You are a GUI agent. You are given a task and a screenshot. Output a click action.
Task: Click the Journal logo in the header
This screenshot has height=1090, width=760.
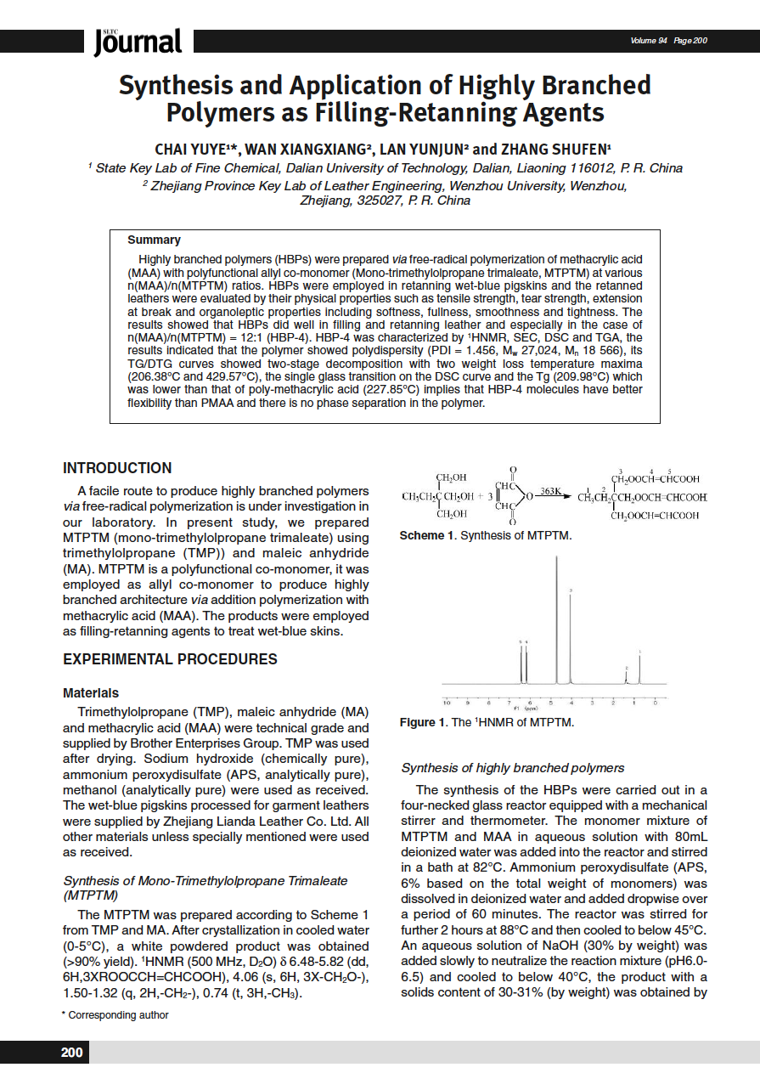[x=138, y=41]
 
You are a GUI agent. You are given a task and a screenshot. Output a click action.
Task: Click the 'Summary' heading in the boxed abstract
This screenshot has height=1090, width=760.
[x=154, y=240]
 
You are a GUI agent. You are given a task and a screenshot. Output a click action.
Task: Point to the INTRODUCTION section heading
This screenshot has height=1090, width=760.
[x=117, y=468]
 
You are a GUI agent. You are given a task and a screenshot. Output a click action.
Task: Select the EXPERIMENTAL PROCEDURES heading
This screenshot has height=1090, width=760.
[x=170, y=658]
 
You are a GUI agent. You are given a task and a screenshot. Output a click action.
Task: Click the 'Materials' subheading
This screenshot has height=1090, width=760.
[x=91, y=693]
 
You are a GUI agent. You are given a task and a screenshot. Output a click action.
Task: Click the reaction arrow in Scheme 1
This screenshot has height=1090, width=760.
[x=552, y=497]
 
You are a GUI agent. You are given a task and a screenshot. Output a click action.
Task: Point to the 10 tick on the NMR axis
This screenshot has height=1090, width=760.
[x=447, y=703]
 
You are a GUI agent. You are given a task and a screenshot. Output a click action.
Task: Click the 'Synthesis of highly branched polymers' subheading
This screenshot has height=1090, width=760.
[x=512, y=768]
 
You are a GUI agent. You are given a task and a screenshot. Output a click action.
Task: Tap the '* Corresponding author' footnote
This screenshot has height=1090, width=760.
[x=115, y=1014]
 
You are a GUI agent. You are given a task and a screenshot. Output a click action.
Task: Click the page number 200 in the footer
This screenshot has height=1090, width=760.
[x=72, y=1053]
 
